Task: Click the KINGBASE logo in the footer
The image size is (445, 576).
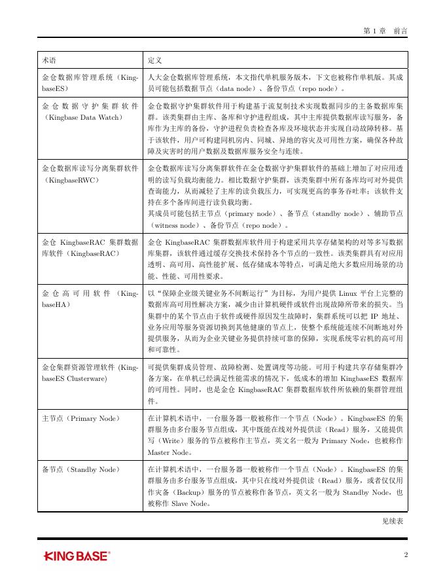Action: [77, 556]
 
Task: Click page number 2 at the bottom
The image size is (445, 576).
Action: [406, 555]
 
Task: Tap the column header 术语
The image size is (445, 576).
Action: [49, 60]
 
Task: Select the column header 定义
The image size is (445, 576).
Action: [155, 60]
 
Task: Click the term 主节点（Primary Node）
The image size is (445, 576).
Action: [80, 417]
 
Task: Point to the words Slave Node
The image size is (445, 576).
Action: [191, 504]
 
